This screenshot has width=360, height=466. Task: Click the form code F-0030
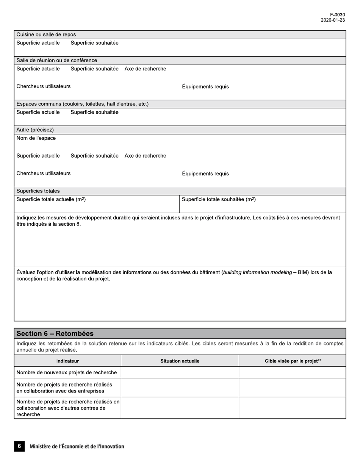337,15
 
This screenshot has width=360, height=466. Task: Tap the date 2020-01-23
333,20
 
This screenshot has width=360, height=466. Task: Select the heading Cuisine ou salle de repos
46,34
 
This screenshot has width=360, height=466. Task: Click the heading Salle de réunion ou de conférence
56,60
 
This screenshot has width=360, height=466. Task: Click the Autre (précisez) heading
35,130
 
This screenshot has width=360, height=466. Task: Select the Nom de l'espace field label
36,138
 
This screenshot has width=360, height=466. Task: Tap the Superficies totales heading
38,191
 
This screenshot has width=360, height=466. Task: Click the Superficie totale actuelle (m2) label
51,199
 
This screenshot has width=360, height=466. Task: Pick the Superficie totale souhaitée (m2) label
219,199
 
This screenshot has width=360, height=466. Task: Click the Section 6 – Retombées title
55,333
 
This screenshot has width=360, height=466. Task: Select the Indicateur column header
67,361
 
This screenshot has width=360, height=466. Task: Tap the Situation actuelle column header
180,361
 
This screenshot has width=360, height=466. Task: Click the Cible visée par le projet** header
293,361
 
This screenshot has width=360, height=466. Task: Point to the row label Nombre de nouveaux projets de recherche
67,372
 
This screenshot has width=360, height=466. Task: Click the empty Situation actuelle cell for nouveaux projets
180,372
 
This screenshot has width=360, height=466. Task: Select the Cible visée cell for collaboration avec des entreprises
292,388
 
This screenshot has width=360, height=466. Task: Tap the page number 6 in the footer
19,446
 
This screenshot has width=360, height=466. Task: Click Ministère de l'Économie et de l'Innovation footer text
77,447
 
